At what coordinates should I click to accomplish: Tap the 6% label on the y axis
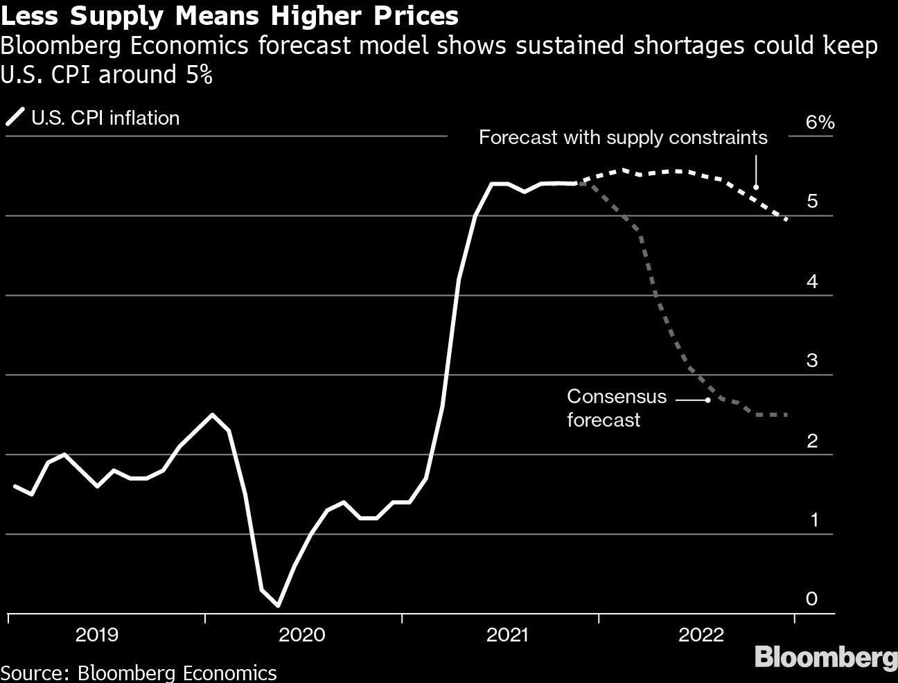click(820, 123)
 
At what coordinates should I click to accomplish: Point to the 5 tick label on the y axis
click(812, 202)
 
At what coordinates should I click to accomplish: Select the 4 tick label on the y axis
click(812, 281)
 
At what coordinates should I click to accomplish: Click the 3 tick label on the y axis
click(812, 360)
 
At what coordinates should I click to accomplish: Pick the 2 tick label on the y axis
click(812, 440)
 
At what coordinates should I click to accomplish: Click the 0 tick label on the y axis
click(812, 598)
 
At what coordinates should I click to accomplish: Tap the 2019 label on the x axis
click(96, 635)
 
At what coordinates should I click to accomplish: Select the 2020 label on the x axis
click(301, 635)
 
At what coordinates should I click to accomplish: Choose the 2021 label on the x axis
click(508, 635)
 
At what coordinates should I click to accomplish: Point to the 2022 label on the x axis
click(701, 635)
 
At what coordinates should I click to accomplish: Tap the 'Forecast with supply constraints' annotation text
click(623, 137)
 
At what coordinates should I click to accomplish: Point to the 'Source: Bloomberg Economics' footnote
click(139, 673)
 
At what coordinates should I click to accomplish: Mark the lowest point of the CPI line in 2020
click(278, 605)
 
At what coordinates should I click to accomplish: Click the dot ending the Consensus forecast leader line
click(707, 400)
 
